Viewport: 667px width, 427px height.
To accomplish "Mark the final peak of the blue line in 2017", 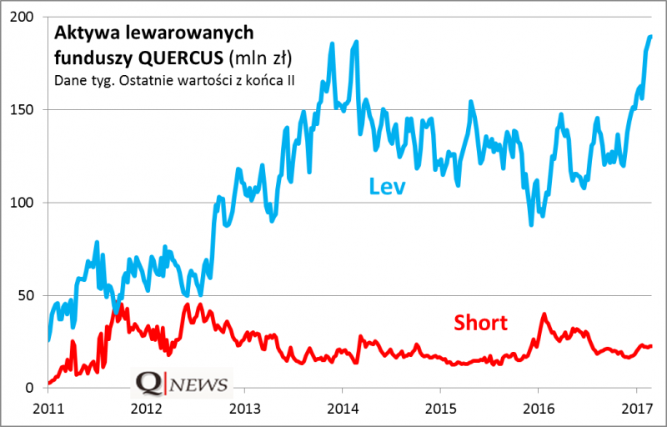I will [x=650, y=36].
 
